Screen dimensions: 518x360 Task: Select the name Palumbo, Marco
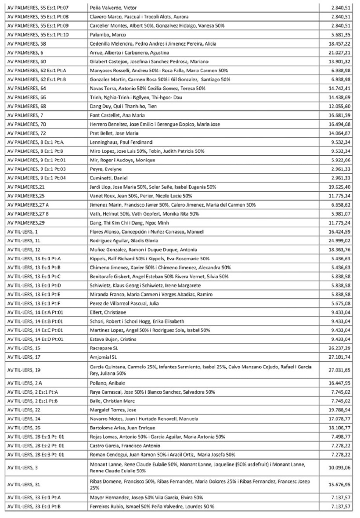tap(108, 35)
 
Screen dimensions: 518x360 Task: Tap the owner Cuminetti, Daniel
tap(107, 178)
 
